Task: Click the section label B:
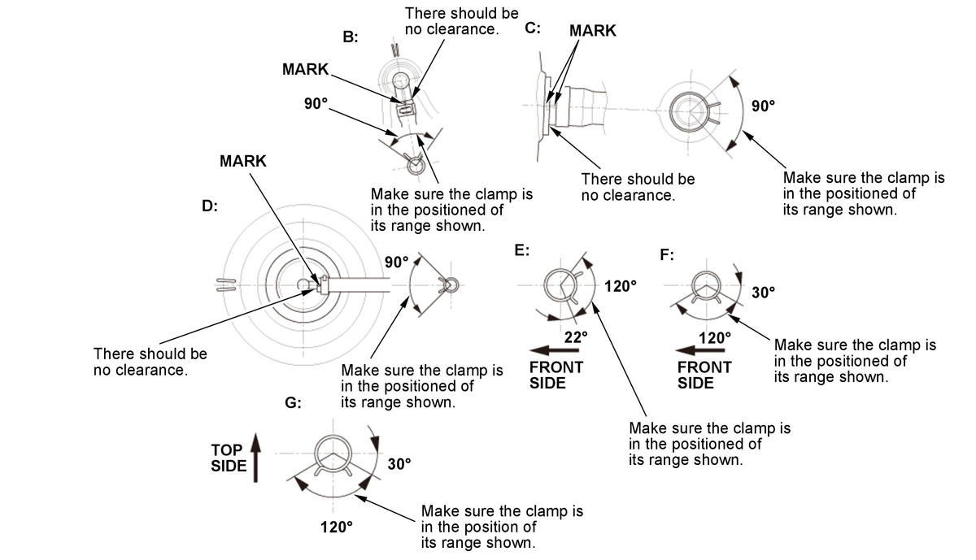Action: pos(351,37)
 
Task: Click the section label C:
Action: pos(533,28)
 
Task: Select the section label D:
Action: pos(210,206)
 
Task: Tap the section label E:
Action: pos(521,250)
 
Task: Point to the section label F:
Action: pos(667,254)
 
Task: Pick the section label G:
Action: pos(293,403)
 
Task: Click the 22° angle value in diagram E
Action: pos(576,337)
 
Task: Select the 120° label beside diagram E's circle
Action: pos(620,286)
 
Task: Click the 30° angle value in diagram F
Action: pos(764,293)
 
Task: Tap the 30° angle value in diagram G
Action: pos(399,464)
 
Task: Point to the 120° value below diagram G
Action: pos(337,527)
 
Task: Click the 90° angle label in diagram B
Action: pos(316,104)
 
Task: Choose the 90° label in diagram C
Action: pos(764,106)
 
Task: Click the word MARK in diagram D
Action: pos(242,161)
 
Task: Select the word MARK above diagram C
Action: pos(593,31)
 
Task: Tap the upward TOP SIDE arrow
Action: pos(255,458)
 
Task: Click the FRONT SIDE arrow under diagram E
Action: pos(554,350)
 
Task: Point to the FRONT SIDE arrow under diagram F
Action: pos(700,350)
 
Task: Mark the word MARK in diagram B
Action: pos(305,69)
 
